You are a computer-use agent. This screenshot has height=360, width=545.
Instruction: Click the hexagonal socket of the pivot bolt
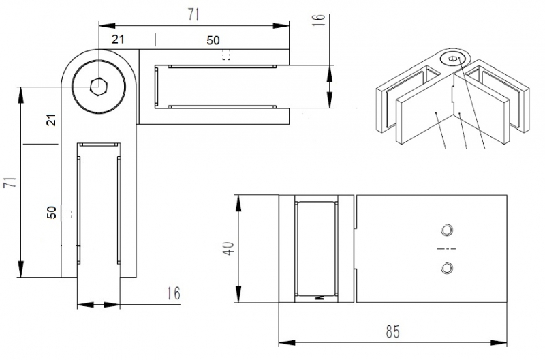pyautogui.click(x=99, y=87)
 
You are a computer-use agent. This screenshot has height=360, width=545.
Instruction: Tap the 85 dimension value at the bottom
pyautogui.click(x=393, y=332)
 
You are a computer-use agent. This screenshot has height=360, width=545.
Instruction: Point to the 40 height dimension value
pyautogui.click(x=229, y=248)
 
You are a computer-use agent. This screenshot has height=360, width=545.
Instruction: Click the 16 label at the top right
pyautogui.click(x=318, y=20)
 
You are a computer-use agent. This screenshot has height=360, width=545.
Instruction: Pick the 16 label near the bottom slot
pyautogui.click(x=174, y=294)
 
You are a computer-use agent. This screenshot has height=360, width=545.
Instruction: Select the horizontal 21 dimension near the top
pyautogui.click(x=118, y=40)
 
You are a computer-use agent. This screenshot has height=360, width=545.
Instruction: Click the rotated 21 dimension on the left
pyautogui.click(x=51, y=120)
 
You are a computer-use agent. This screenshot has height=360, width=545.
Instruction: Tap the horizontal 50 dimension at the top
pyautogui.click(x=213, y=40)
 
